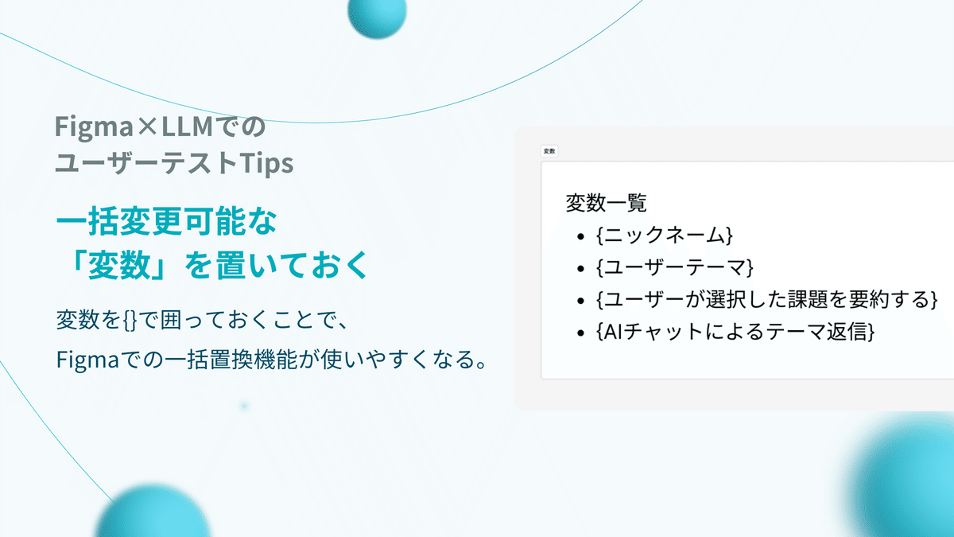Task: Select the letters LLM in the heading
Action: point(188,126)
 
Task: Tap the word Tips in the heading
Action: point(266,164)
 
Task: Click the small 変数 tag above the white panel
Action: point(549,151)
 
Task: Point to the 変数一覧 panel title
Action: point(606,202)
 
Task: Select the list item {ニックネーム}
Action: point(664,235)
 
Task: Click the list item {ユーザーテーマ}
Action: point(675,267)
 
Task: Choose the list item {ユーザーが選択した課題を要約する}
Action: point(766,299)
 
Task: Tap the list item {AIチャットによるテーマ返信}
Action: point(735,332)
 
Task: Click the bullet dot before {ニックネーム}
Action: point(580,236)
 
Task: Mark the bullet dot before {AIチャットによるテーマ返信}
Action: point(580,333)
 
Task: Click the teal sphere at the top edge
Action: point(377,14)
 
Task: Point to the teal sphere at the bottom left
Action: point(153,511)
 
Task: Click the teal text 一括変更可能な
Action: point(166,221)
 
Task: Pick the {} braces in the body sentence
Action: point(130,320)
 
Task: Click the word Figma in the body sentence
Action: point(87,360)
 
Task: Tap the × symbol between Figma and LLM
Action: point(148,126)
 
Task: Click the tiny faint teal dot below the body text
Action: point(244,406)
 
